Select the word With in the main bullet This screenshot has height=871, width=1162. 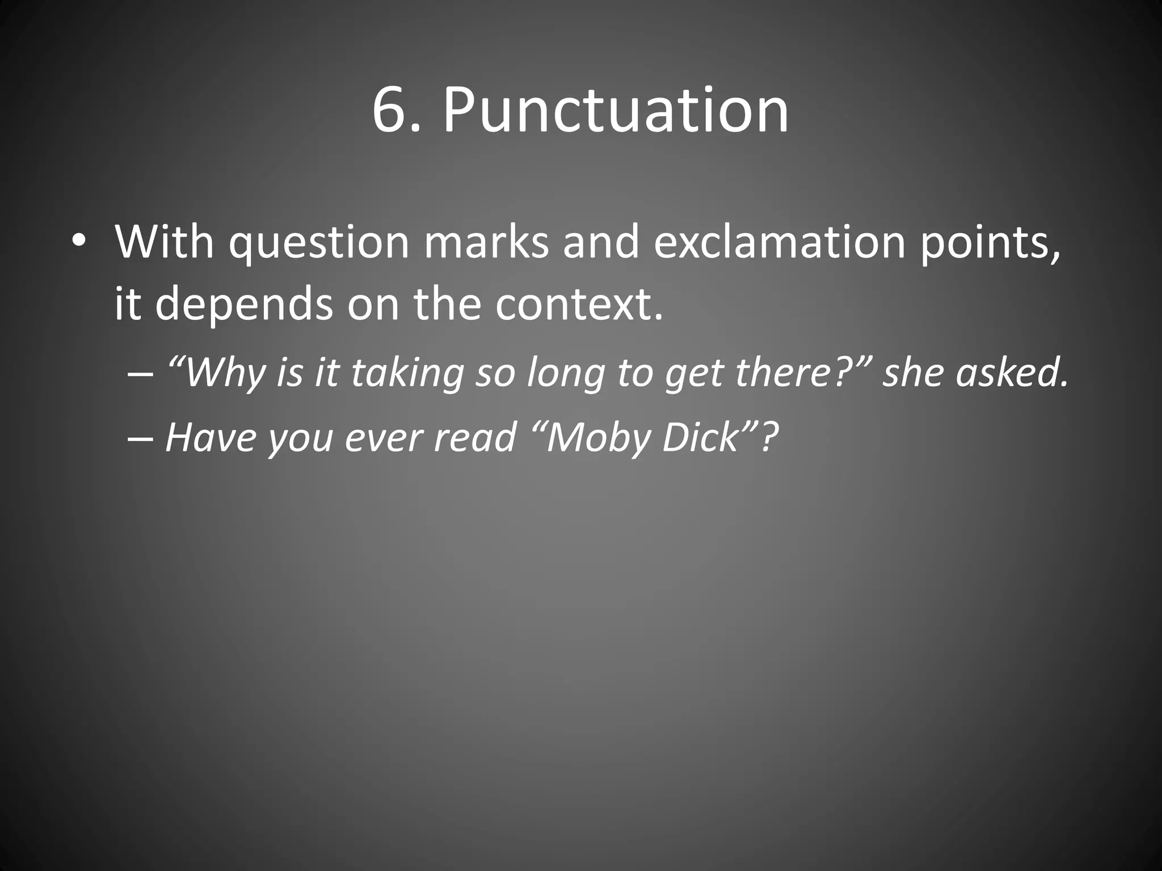pos(165,243)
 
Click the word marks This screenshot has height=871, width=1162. pos(486,243)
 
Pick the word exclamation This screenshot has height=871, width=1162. pos(779,243)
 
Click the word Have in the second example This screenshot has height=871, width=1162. pos(210,437)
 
